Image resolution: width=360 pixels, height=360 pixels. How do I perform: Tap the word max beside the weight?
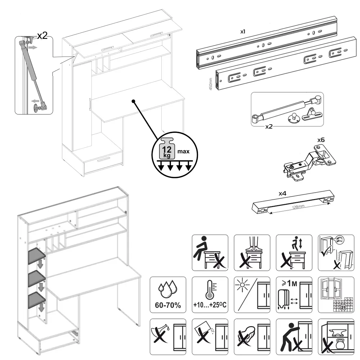(183, 152)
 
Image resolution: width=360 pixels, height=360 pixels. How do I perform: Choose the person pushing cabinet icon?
(294, 337)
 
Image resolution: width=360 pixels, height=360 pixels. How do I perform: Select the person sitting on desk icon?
(210, 253)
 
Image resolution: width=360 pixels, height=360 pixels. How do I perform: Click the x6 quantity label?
(321, 139)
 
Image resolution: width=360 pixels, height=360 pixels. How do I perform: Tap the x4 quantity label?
(283, 193)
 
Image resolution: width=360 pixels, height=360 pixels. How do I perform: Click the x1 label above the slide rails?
(243, 32)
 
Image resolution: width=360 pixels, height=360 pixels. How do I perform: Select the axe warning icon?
(168, 337)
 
